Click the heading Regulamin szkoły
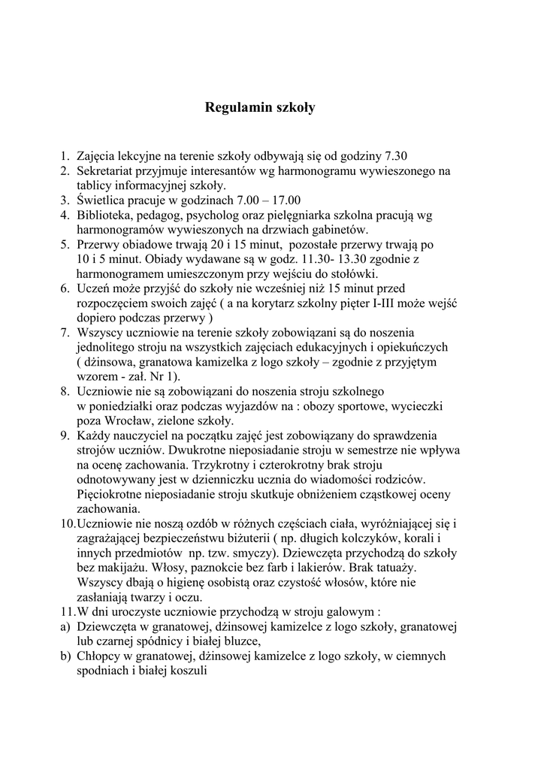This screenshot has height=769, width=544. [x=260, y=107]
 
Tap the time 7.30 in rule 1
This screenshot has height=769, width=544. [x=395, y=157]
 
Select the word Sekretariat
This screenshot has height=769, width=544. [x=105, y=171]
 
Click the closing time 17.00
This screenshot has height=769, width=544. [x=285, y=201]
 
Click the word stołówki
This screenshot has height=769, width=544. [x=354, y=273]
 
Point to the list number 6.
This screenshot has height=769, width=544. [x=65, y=288]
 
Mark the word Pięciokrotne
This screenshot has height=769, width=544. [x=111, y=493]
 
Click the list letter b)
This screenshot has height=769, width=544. [x=65, y=656]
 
